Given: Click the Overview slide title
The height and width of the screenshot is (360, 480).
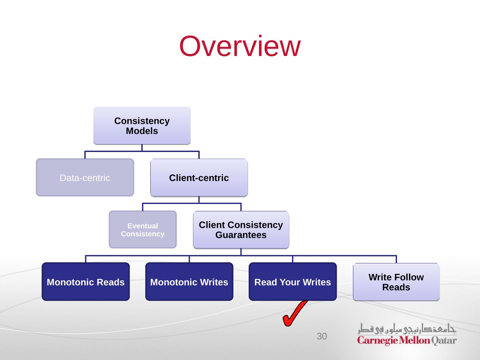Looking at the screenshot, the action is click(240, 46).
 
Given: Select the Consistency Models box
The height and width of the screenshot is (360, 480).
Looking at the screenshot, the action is click(142, 126).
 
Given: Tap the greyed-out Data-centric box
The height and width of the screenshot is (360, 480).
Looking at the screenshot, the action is click(85, 177).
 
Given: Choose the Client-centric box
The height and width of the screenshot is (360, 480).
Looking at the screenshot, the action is click(199, 178).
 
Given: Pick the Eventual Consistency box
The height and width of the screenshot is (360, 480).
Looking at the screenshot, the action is click(143, 230).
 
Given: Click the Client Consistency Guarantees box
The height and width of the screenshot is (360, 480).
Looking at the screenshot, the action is click(241, 230).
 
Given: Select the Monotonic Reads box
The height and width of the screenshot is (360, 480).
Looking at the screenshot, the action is click(86, 282).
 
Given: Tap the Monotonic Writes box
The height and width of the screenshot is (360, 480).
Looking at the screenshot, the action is click(189, 282).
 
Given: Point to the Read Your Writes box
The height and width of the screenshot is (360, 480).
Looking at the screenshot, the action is click(293, 282).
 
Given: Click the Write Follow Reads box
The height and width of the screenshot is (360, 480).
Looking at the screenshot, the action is click(396, 282).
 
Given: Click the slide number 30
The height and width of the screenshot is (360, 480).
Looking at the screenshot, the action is click(322, 336).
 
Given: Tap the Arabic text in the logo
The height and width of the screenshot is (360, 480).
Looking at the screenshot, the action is click(407, 329).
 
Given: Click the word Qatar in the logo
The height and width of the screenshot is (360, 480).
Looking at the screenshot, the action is click(444, 341).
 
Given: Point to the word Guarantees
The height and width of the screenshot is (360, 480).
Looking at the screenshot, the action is click(241, 235).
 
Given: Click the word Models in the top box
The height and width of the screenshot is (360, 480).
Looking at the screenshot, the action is click(142, 131).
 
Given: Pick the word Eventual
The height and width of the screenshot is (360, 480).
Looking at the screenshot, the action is click(143, 226).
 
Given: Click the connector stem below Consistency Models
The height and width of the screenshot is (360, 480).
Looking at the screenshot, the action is click(142, 148).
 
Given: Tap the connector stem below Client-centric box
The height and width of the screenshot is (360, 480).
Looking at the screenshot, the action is click(199, 200).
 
